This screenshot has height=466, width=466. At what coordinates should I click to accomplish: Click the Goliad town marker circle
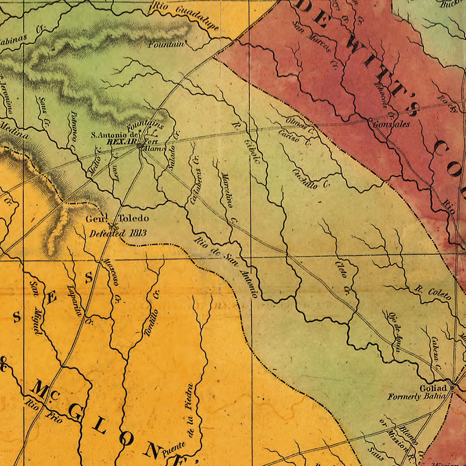(452, 387)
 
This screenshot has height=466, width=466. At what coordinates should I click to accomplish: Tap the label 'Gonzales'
(391, 124)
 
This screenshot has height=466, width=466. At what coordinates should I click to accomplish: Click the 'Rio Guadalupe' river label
(186, 17)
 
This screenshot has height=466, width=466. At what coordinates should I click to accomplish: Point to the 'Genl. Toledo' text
(117, 219)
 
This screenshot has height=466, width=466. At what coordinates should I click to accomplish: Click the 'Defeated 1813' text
(118, 233)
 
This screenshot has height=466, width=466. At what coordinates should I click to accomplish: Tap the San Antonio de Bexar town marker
(139, 146)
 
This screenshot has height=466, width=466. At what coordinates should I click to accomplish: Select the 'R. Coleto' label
(433, 293)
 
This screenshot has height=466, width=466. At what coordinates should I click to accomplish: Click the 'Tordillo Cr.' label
(152, 313)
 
